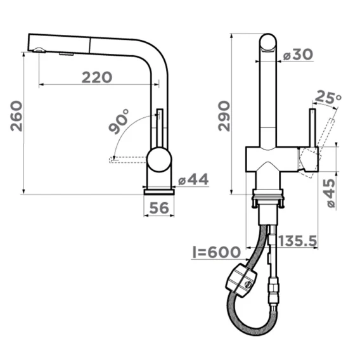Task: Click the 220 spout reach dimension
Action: tap(97, 77)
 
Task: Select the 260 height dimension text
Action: tap(16, 116)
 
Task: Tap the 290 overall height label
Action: tap(224, 116)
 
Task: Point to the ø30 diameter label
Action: tap(298, 55)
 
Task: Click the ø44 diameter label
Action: tap(193, 179)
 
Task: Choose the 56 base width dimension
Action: tap(159, 208)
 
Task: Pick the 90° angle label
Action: tap(119, 122)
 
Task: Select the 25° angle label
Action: tap(328, 97)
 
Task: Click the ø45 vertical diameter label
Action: tap(331, 193)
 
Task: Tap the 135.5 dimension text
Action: tap(298, 241)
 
